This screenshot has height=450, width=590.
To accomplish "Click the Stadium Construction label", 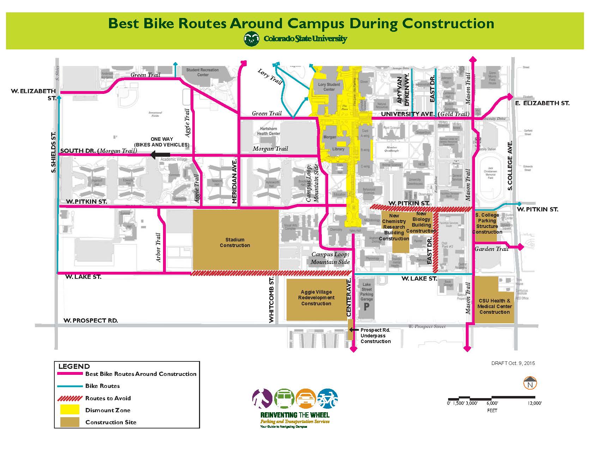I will tap(235, 242).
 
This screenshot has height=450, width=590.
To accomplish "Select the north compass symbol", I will tap(530, 384).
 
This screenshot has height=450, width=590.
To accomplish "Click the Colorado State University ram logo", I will tap(251, 39).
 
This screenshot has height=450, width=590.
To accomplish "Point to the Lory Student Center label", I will tap(329, 87).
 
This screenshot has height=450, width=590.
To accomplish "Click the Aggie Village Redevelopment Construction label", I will tap(316, 298).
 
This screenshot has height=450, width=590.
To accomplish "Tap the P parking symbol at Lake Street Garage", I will tap(367, 306).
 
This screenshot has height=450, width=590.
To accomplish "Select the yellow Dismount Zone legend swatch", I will tap(70, 410).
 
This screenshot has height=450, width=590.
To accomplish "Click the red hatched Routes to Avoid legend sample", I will tap(70, 398).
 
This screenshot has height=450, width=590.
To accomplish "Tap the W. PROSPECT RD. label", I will tap(91, 320).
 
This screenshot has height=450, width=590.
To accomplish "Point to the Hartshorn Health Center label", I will tap(268, 131).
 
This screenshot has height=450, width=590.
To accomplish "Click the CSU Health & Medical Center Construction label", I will tap(494, 306).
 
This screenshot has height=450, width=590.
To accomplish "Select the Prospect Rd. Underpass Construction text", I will tap(375, 336).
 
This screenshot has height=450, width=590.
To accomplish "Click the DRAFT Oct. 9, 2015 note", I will tap(513, 363).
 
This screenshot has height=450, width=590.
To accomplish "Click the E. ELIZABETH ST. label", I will tap(542, 103).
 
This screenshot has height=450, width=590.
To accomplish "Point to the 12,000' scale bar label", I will tap(535, 403).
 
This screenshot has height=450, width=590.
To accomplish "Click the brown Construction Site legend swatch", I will tap(70, 422).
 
